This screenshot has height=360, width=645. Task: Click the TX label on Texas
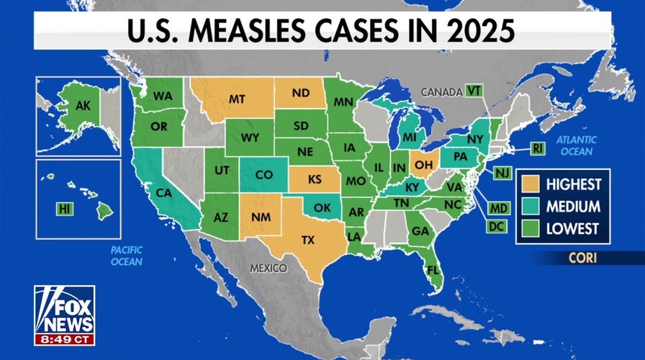point(308,240)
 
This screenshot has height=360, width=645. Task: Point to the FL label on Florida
point(433,271)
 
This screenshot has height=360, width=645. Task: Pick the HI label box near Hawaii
point(64,209)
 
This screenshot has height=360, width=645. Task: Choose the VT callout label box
point(473,91)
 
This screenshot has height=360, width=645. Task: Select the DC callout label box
point(495,226)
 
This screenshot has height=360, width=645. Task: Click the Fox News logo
point(64,310)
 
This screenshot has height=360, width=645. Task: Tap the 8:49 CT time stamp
point(64,338)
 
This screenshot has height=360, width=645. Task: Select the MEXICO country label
point(269,268)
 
